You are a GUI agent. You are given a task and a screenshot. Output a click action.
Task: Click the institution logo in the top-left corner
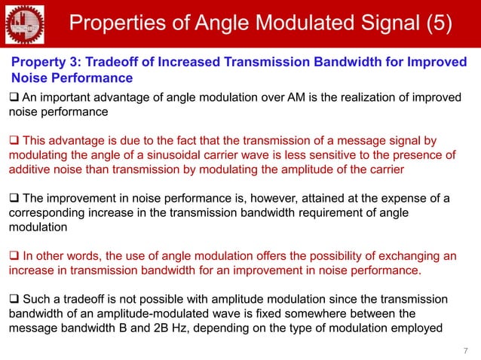click(x=25, y=24)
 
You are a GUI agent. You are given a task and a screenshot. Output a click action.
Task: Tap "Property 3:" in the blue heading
click(x=43, y=62)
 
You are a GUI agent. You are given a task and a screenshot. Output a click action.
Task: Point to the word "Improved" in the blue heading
click(x=436, y=62)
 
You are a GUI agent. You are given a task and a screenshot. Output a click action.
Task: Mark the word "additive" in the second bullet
click(x=32, y=169)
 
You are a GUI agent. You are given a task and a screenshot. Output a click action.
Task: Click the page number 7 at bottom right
click(x=465, y=350)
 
